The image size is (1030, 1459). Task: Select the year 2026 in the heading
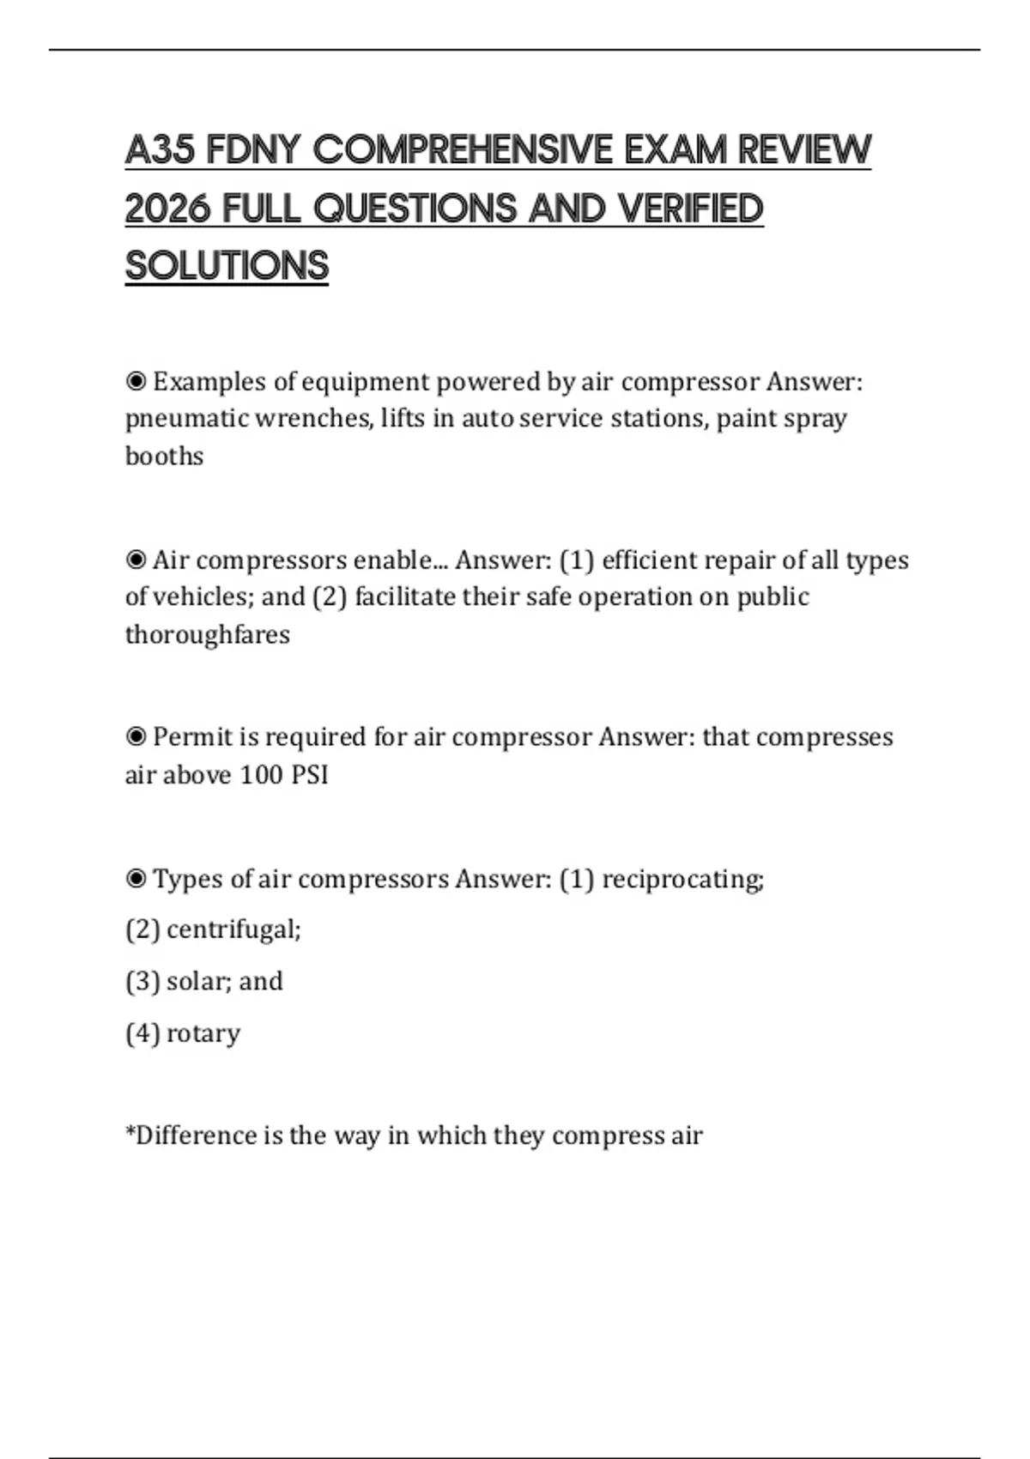click(168, 209)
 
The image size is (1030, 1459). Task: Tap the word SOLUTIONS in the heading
click(227, 266)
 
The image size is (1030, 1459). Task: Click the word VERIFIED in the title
click(690, 209)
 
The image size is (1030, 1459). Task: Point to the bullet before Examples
click(136, 381)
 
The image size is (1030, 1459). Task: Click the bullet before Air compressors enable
click(136, 560)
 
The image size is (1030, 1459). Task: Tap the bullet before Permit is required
click(136, 736)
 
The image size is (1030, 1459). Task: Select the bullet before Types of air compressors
click(136, 879)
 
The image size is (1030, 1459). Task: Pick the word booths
click(164, 456)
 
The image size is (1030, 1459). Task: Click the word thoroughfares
click(207, 634)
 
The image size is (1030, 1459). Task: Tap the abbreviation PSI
click(310, 774)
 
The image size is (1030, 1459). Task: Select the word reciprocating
click(682, 880)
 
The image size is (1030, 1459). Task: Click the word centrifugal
click(233, 929)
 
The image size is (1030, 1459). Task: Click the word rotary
click(203, 1033)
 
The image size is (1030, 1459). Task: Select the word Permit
click(193, 736)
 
